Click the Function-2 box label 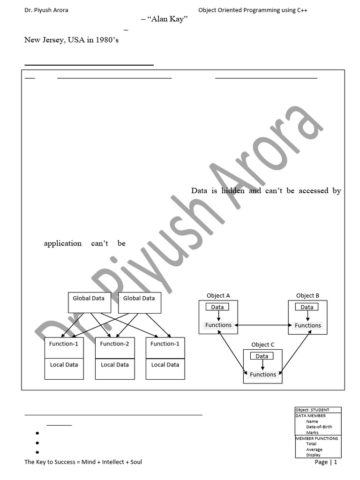114,344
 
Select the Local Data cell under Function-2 114,365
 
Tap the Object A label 218,296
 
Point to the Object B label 307,296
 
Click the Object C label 262,345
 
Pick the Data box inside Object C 262,356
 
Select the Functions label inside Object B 307,325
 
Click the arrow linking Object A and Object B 262,325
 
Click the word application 62,243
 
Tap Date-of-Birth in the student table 319,427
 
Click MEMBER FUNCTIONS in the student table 316,438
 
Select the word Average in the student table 314,450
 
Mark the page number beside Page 335,462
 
